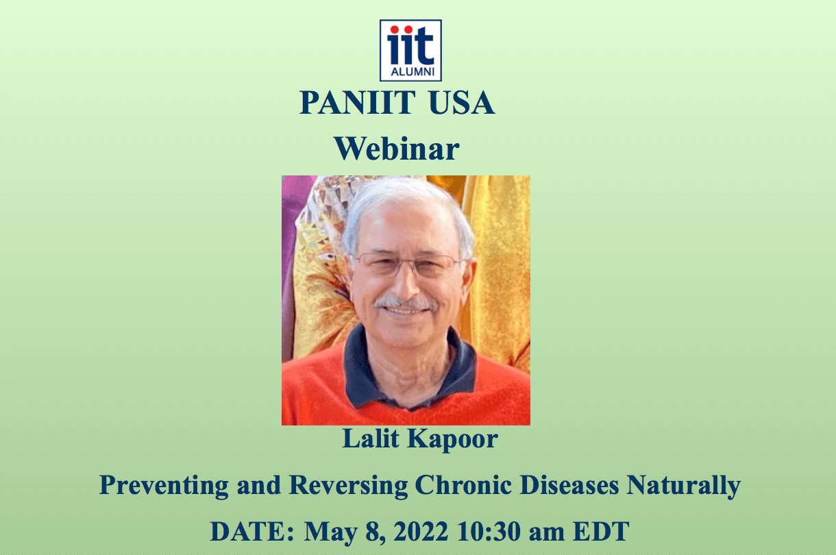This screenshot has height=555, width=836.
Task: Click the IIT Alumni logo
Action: (x=410, y=51)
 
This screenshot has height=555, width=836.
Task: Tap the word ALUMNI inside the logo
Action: (x=413, y=71)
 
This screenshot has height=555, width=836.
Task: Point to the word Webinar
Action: (x=397, y=149)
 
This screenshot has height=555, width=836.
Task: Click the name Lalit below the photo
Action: (x=371, y=439)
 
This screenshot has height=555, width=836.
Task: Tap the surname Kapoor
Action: (x=453, y=440)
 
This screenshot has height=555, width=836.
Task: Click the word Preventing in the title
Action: (x=164, y=486)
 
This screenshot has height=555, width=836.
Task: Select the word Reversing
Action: (x=349, y=486)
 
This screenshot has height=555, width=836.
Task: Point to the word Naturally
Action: (x=683, y=486)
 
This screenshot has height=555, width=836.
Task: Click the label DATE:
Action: (x=252, y=531)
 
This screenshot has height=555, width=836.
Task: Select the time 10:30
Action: (x=489, y=531)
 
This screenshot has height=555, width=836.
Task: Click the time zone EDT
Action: (x=601, y=531)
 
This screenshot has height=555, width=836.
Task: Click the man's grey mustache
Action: (x=405, y=302)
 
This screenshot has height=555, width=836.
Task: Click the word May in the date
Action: (x=331, y=532)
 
